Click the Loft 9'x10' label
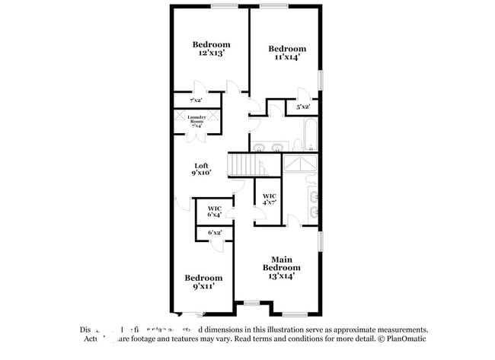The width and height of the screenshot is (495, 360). click(x=201, y=169)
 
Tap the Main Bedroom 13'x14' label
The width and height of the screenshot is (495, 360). click(x=282, y=267)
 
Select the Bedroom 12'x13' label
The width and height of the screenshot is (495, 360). click(x=211, y=49)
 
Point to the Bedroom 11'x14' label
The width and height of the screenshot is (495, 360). click(x=287, y=52)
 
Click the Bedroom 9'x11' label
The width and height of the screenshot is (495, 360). click(x=204, y=282)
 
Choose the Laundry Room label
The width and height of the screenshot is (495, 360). click(x=191, y=121)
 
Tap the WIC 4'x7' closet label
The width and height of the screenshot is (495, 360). click(x=268, y=199)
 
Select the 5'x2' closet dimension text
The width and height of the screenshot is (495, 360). click(x=302, y=107)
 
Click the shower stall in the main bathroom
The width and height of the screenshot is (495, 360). click(x=301, y=165)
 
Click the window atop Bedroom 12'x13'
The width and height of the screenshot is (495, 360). click(x=223, y=7)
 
